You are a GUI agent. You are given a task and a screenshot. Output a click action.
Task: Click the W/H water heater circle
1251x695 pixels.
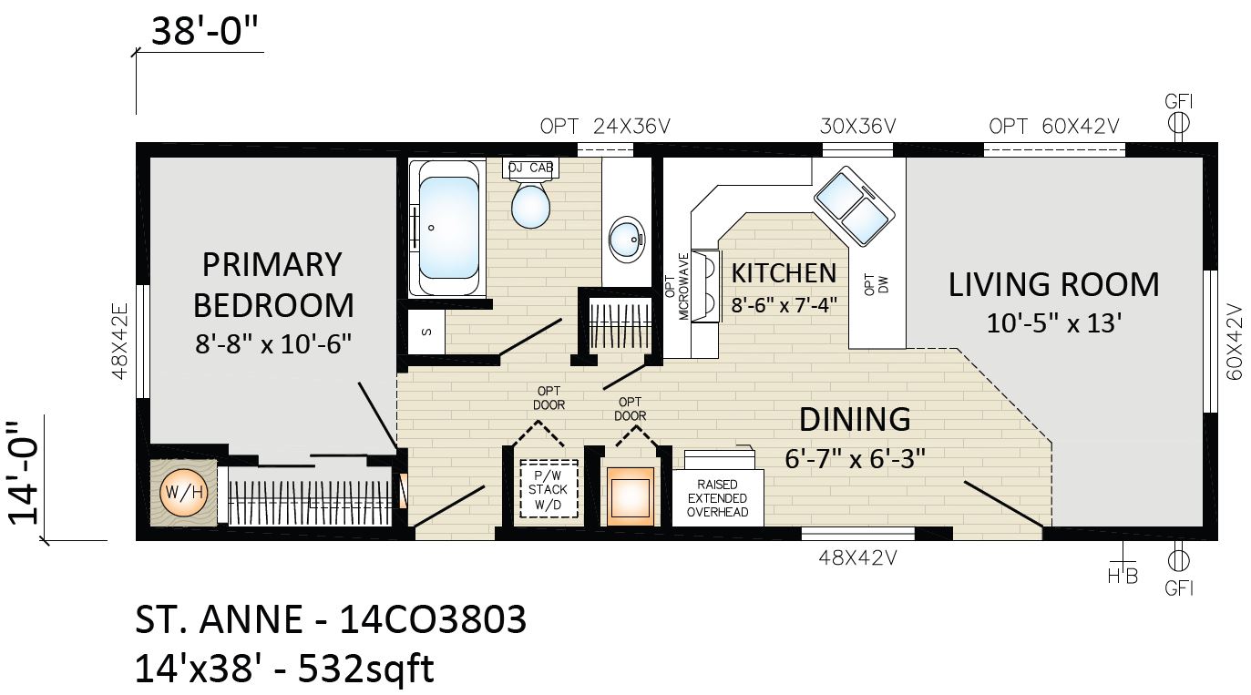tap(184, 493)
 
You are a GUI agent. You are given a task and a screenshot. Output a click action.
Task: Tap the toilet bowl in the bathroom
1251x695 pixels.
tap(530, 207)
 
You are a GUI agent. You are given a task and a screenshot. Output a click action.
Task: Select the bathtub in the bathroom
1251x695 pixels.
tap(447, 228)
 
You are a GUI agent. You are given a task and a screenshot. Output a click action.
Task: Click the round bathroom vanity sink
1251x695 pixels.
tap(627, 239)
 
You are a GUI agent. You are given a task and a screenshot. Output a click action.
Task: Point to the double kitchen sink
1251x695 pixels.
tap(855, 206)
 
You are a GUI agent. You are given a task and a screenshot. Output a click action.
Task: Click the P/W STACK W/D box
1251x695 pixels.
tap(549, 489)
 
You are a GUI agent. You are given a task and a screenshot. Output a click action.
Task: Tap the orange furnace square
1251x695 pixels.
tap(631, 496)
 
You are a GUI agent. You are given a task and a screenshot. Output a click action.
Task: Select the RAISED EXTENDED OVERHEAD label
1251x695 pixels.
tap(718, 498)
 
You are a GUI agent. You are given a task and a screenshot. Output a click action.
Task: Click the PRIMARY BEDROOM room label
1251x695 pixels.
tap(273, 285)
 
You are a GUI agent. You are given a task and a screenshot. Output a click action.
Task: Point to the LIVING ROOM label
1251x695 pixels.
tap(1054, 284)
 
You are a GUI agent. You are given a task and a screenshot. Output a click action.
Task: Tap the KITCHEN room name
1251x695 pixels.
tap(784, 273)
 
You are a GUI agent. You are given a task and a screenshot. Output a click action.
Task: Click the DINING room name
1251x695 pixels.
tap(855, 419)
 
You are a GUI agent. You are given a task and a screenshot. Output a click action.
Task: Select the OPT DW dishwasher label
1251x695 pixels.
tap(877, 284)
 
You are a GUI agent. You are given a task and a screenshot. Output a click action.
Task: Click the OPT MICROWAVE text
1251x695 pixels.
tap(678, 286)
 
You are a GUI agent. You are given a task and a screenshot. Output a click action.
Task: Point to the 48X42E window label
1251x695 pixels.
tap(120, 341)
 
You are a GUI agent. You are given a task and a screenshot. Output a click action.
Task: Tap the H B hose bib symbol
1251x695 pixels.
tap(1123, 568)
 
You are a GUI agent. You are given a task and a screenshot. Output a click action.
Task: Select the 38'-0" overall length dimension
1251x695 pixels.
tap(205, 31)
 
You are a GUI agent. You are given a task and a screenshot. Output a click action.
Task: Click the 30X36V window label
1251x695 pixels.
tap(857, 127)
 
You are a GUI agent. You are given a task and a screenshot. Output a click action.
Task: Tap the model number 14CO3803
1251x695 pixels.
tap(433, 619)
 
